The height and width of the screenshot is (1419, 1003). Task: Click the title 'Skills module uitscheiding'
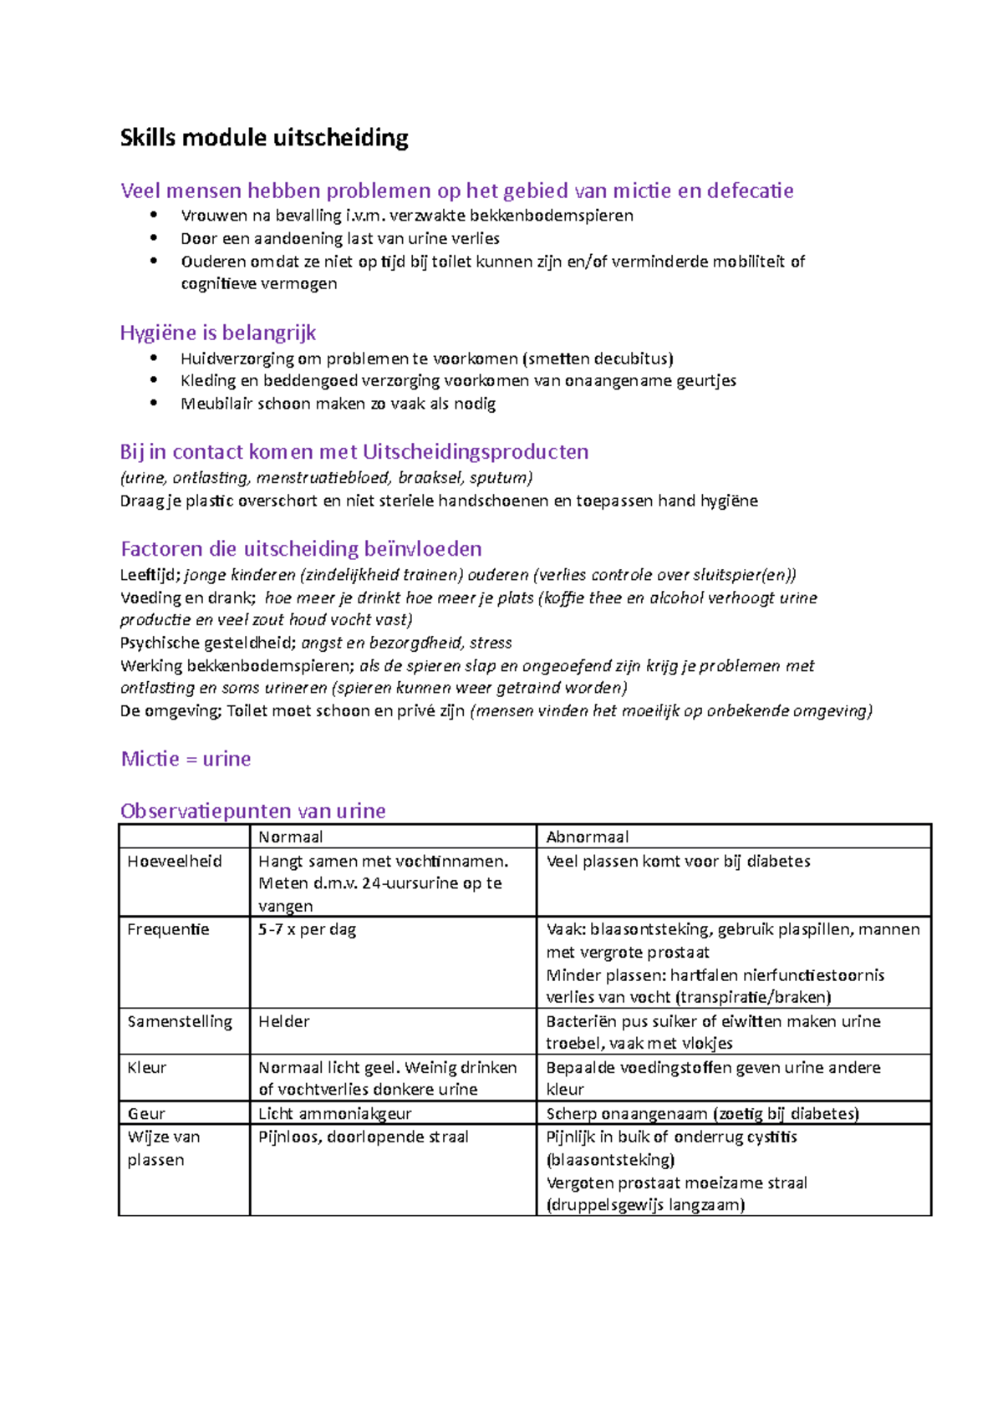click(x=264, y=138)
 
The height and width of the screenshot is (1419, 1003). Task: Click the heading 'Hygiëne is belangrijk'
click(x=217, y=333)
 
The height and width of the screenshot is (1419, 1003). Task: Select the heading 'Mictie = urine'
click(x=186, y=759)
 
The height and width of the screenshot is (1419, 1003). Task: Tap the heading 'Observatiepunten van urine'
click(x=252, y=811)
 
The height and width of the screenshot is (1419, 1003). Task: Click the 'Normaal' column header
click(x=290, y=837)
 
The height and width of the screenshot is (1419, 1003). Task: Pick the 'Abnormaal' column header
click(x=587, y=837)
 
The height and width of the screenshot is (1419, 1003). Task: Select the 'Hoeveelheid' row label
click(x=175, y=862)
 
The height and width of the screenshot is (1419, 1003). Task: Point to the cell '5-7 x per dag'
click(x=307, y=929)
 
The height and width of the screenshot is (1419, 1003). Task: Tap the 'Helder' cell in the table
click(x=283, y=1021)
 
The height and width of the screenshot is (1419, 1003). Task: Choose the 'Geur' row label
click(x=146, y=1113)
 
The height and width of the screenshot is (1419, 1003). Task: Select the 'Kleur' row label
click(x=147, y=1067)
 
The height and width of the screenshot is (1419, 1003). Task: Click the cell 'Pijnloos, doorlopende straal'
click(x=363, y=1137)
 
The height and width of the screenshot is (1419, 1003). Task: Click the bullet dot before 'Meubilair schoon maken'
click(x=154, y=403)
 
